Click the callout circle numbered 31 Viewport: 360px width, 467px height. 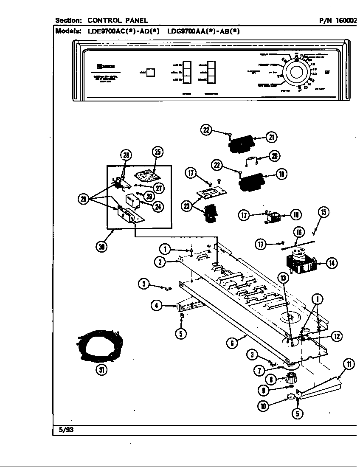[101, 370]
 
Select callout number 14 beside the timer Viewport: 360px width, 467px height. [332, 263]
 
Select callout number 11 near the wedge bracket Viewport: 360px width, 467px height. [349, 364]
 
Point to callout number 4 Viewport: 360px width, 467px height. [157, 304]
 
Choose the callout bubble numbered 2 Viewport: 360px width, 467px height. [160, 262]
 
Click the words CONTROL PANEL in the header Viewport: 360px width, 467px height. [118, 20]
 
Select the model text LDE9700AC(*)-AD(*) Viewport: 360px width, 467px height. [123, 31]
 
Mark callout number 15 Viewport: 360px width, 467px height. [323, 212]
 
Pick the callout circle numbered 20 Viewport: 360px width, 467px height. [275, 156]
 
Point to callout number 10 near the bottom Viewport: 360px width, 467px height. [264, 406]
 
